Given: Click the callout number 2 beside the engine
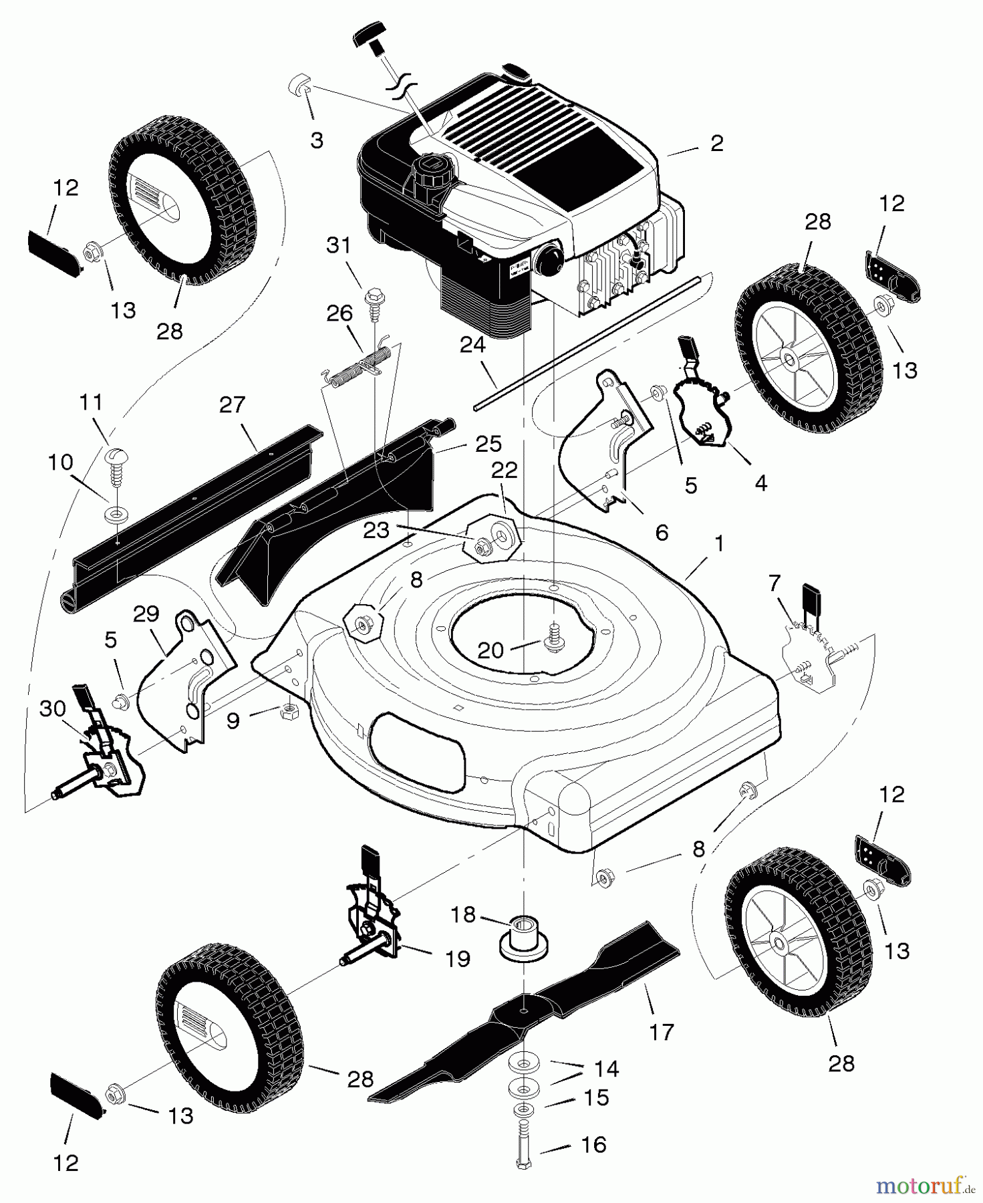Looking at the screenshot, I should (717, 144).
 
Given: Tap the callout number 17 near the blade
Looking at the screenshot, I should (662, 1032).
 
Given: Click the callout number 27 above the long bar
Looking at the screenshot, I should (232, 405).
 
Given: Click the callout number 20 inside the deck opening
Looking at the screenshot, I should (491, 650).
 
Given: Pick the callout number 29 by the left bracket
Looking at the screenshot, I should (146, 613).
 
